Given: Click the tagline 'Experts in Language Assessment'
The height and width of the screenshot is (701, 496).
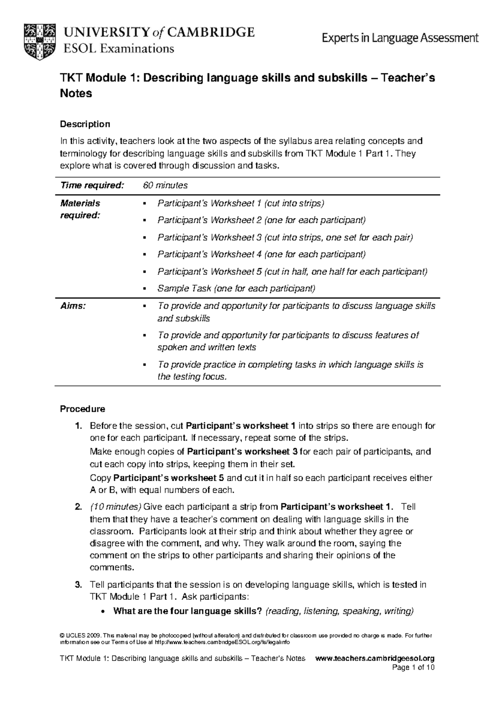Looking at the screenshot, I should [400, 39].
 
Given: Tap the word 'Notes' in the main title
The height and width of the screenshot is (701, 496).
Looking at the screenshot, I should [76, 93].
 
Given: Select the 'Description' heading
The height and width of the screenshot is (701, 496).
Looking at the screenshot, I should [85, 124].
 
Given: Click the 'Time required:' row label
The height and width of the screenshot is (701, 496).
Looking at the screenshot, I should [92, 186].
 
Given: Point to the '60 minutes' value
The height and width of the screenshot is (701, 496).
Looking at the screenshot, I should [165, 186].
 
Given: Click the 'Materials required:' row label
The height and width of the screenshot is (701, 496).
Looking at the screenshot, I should [81, 209].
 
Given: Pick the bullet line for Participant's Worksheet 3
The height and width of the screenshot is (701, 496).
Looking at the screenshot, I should [285, 237].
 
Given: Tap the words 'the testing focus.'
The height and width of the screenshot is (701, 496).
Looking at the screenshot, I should [193, 377].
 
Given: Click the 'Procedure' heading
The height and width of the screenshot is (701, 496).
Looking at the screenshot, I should [83, 409].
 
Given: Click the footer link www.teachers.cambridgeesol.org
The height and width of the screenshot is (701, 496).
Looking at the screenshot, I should [374, 658].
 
